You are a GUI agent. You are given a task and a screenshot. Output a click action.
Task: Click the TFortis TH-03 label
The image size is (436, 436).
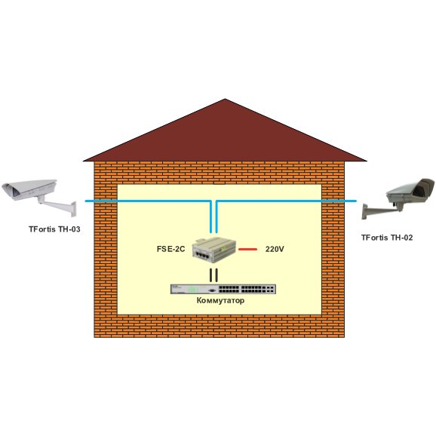pyautogui.click(x=54, y=229)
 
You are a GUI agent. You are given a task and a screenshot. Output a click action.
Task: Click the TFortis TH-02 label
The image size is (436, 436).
pyautogui.click(x=387, y=238)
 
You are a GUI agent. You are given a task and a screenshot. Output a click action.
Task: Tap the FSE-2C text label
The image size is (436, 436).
pyautogui.click(x=170, y=249)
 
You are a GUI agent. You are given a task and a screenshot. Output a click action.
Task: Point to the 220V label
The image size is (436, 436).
pyautogui.click(x=275, y=249)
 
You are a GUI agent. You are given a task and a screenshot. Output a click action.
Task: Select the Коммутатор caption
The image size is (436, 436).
pyautogui.click(x=220, y=300)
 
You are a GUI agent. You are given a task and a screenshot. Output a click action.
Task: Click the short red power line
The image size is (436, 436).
pyautogui.click(x=247, y=249)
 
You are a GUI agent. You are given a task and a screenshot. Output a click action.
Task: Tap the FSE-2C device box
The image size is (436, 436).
pyautogui.click(x=213, y=250)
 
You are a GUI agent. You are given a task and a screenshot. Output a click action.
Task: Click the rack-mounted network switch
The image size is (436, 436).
pyautogui.click(x=223, y=289)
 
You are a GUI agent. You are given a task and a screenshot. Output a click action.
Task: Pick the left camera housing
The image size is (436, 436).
pyautogui.click(x=29, y=189)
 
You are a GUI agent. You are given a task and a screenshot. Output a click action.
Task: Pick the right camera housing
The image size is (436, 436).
pyautogui.click(x=410, y=191)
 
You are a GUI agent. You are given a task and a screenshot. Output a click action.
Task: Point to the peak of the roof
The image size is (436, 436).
pyautogui.click(x=225, y=99)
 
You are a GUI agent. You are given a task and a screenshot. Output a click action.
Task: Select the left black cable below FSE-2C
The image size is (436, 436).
pyautogui.click(x=211, y=275)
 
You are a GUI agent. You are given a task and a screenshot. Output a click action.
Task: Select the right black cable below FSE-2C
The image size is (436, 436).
pyautogui.click(x=216, y=275)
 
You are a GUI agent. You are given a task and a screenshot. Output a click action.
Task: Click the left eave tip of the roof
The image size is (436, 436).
pyautogui.click(x=84, y=161)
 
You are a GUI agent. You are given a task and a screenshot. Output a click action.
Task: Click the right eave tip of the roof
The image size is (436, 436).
pyautogui.click(x=366, y=161)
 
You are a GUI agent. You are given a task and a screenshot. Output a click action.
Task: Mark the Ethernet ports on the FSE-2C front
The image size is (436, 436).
pyautogui.click(x=202, y=254)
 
